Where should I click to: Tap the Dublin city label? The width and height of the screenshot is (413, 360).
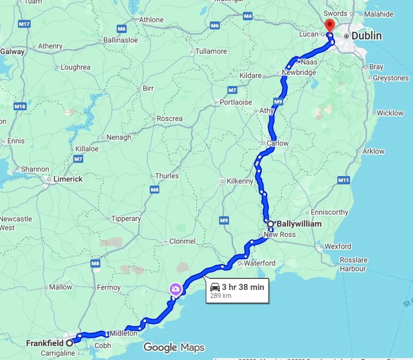click(x=367, y=36)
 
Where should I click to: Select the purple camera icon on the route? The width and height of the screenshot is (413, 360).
click(x=175, y=289)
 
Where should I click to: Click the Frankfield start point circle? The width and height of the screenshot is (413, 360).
click(x=70, y=343)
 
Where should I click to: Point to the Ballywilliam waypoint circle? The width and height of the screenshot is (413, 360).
click(x=271, y=224)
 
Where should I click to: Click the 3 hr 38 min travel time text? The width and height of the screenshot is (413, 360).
click(x=243, y=287)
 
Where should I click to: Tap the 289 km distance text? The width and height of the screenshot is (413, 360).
click(x=221, y=296)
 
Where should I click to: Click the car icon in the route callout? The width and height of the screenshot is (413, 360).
click(x=215, y=287)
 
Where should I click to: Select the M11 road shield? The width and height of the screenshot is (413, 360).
click(x=343, y=180)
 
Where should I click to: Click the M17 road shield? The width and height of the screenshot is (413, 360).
click(x=24, y=24)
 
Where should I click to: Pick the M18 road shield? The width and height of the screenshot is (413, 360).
click(x=20, y=106)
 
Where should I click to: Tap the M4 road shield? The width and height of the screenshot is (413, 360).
click(x=247, y=16)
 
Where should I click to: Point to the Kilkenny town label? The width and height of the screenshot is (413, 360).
click(x=240, y=181)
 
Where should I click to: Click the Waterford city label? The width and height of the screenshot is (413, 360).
click(x=260, y=263)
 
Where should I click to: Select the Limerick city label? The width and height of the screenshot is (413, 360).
click(x=68, y=179)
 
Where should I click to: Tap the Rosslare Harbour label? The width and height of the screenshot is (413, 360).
click(x=353, y=264)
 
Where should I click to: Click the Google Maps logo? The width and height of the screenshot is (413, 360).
click(x=174, y=347)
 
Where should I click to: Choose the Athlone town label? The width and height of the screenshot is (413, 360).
click(x=151, y=20)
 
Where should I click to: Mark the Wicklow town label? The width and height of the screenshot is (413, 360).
click(x=390, y=113)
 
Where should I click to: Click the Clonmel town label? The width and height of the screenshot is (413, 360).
click(x=182, y=241)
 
